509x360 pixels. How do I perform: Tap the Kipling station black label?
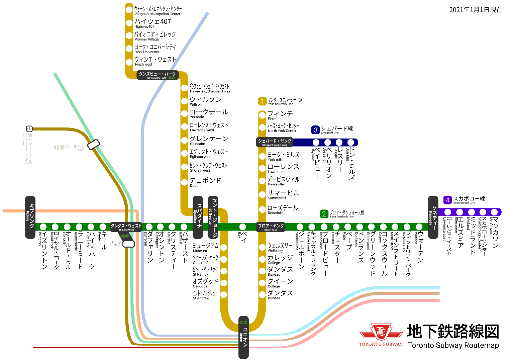[30, 217]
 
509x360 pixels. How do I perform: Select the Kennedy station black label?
[433, 217]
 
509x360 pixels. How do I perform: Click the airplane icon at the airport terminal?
[29, 128]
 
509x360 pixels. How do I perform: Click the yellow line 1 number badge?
[262, 101]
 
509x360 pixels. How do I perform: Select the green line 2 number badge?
[324, 214]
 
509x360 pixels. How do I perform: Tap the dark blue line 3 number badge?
[315, 130]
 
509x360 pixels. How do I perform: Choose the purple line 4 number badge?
[447, 200]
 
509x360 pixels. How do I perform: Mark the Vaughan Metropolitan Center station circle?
[129, 10]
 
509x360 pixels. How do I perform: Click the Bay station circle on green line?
[243, 227]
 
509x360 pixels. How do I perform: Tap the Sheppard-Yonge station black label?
[275, 142]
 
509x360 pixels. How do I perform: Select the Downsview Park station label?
[157, 75]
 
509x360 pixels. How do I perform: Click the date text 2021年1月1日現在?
[475, 10]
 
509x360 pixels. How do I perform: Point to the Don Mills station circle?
[350, 143]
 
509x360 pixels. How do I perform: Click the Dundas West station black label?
[126, 227]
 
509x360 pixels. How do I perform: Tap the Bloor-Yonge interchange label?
[271, 227]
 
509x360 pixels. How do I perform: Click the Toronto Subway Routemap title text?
[453, 345]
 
